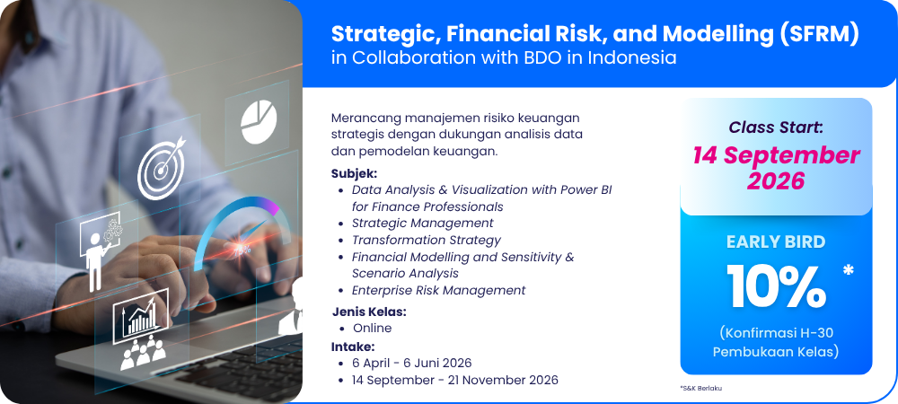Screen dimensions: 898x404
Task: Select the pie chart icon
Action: tap(259, 122)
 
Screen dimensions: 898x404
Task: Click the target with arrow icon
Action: tap(162, 167)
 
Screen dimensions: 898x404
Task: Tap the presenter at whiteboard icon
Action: tap(101, 250)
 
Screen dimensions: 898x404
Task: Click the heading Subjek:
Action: tap(354, 173)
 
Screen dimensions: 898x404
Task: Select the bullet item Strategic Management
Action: tap(423, 224)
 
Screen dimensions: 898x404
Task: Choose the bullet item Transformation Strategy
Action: tap(426, 240)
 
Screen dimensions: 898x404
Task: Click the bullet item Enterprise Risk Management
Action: tap(439, 290)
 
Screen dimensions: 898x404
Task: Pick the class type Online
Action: tap(373, 329)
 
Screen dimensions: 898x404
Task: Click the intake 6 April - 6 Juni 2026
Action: tap(412, 363)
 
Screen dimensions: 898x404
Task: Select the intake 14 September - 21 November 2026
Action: tap(455, 380)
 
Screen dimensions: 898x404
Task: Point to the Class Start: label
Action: tap(776, 127)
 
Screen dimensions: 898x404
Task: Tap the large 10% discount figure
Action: tap(777, 287)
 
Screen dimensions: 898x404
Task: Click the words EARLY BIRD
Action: tap(776, 242)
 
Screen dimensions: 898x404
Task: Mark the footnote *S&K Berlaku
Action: tap(701, 388)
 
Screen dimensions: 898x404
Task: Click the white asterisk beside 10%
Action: tap(849, 269)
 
